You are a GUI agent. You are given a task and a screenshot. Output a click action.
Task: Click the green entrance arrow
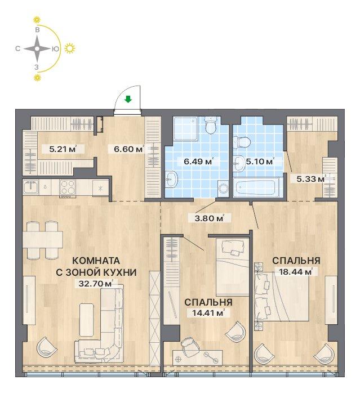[128, 100]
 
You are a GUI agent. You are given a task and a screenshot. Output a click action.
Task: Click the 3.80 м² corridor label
[209, 218]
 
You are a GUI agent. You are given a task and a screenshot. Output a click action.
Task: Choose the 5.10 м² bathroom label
[260, 162]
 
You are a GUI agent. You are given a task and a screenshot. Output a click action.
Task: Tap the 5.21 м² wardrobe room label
[63, 149]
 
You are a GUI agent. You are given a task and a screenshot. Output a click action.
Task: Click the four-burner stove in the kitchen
[68, 187]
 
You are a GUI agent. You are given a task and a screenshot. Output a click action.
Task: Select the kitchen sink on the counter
[30, 186]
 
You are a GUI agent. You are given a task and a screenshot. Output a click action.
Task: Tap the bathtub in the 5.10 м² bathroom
[256, 187]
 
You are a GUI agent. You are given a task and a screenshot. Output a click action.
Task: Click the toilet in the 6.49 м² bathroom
[211, 125]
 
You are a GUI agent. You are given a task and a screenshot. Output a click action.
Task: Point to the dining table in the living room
[43, 239]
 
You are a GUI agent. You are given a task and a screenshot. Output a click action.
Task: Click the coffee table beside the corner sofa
[87, 320]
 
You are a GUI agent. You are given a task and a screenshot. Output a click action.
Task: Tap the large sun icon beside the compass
[70, 48]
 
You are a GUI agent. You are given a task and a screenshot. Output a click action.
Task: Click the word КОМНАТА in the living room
[96, 261]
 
